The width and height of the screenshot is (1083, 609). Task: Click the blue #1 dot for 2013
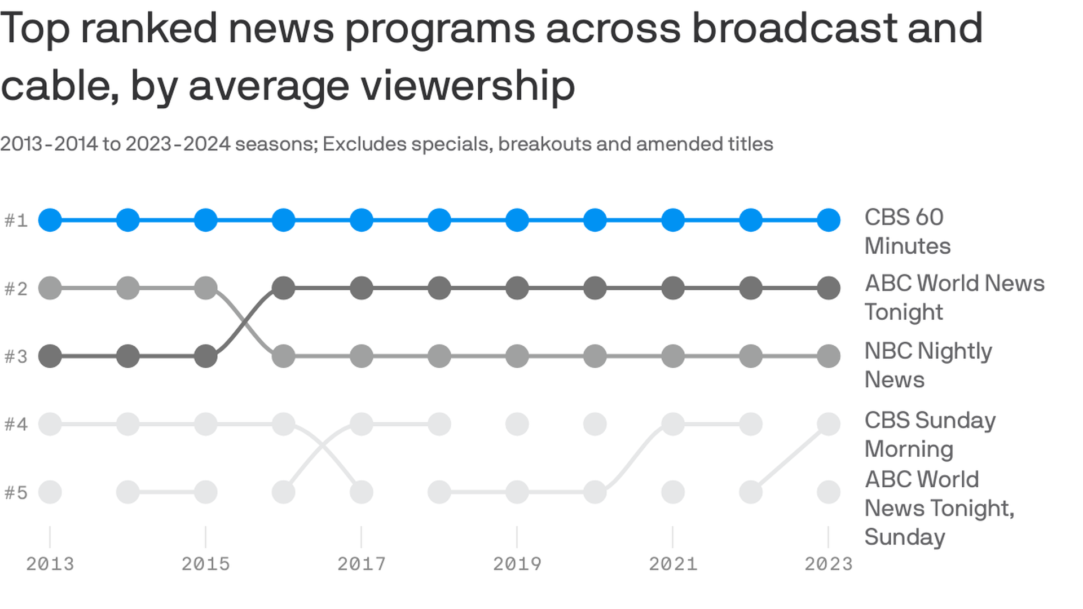(50, 220)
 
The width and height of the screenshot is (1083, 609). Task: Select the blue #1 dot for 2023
(829, 220)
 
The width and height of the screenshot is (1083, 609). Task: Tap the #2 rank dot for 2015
(206, 288)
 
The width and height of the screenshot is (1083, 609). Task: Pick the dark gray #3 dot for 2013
(50, 356)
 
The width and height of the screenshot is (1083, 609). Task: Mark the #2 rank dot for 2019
(517, 288)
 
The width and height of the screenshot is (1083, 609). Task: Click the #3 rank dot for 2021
(673, 356)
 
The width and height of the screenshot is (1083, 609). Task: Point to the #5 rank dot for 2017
(362, 492)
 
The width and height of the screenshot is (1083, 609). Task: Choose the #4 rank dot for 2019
(517, 424)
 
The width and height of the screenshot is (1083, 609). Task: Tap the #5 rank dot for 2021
(673, 492)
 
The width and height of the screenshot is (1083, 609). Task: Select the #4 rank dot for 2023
(829, 424)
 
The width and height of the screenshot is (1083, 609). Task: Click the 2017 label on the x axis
(362, 564)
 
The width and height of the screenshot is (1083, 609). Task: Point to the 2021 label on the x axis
(673, 564)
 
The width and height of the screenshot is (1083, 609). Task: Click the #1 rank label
(16, 220)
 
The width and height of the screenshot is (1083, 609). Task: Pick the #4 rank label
(16, 424)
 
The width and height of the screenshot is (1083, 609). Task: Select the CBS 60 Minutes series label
(907, 232)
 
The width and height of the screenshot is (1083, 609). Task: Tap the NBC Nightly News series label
(927, 365)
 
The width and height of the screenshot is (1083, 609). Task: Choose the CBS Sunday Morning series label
(930, 434)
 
